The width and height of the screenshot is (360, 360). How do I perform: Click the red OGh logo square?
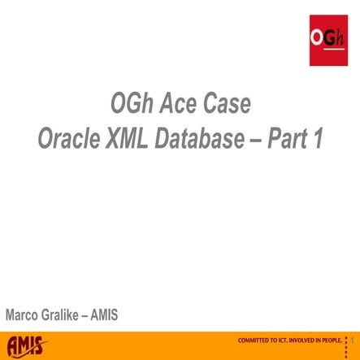(329, 41)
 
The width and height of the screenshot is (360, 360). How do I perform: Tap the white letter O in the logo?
(316, 37)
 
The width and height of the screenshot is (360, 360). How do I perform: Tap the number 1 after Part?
(318, 139)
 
